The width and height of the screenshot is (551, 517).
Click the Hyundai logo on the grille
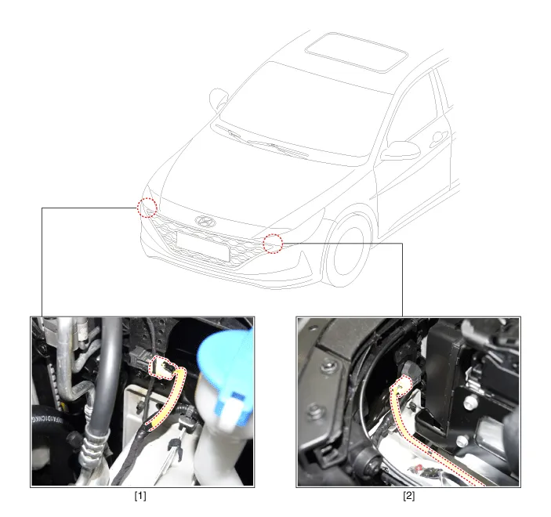coord(205,221)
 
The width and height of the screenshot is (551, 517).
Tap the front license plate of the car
coord(203,247)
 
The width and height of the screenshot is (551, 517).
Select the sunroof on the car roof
coord(357,52)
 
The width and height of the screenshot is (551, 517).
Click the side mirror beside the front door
coord(401,150)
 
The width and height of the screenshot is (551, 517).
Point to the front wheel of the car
coord(348,251)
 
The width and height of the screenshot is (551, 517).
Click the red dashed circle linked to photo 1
coord(147,208)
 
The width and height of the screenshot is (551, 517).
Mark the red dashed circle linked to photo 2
coord(273,244)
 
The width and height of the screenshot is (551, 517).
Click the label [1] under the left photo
coord(140,496)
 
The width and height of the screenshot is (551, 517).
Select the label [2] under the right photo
coord(408,496)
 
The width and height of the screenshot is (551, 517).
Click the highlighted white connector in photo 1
coord(162,368)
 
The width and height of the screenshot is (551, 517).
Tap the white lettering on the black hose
coord(47,419)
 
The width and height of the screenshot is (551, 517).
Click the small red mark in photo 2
coord(419,468)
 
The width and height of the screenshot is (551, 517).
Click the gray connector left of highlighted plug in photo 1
coord(140,356)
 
